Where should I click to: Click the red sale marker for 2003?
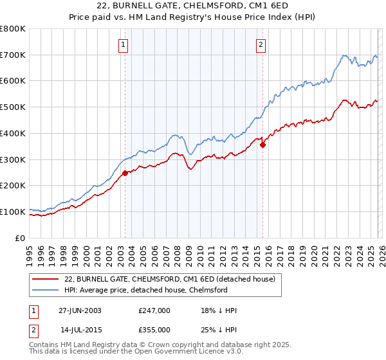click(125, 173)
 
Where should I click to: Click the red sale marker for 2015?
click(262, 145)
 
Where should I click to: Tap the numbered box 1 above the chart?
click(122, 44)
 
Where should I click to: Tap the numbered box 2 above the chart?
click(261, 44)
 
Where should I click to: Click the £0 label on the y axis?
click(19, 238)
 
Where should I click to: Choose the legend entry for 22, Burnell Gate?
click(170, 279)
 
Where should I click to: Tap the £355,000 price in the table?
click(154, 329)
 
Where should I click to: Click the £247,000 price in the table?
click(154, 310)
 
